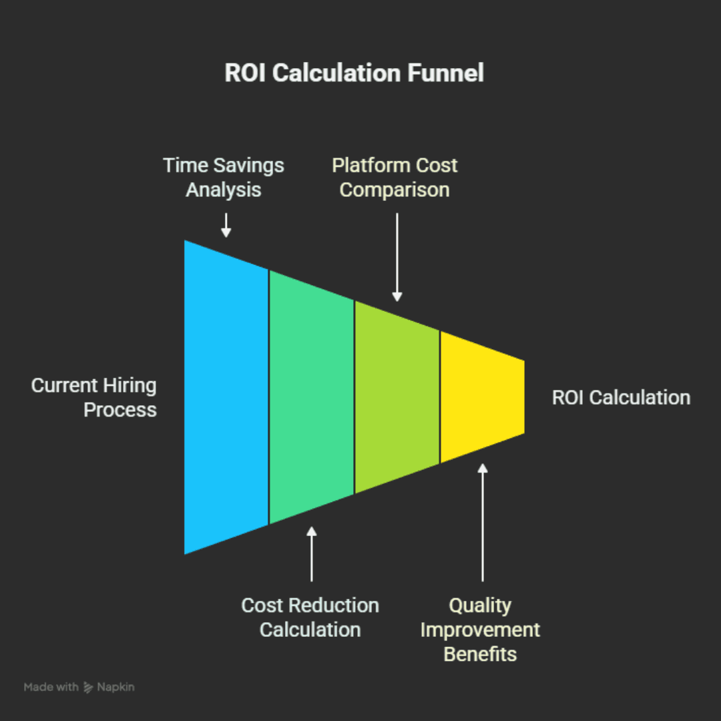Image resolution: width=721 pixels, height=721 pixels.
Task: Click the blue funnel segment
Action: coord(226,397)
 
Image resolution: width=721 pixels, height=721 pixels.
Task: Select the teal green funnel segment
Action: coord(311,397)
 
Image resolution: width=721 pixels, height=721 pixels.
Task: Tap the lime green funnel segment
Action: coord(397,397)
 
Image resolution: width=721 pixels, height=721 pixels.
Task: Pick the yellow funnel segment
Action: coord(481,397)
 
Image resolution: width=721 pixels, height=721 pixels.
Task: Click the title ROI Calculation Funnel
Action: coord(354,73)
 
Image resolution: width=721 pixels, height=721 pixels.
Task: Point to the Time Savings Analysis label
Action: coord(224,178)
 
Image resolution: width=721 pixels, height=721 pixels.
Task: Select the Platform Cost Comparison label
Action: coord(395,178)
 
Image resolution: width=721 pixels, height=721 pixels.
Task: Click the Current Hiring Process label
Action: coord(94,397)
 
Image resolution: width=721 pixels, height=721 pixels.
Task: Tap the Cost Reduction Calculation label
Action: coord(310,618)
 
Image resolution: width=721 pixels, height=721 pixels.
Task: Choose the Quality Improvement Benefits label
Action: coord(480,630)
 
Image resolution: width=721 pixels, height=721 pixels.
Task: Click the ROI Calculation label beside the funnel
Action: coord(621,398)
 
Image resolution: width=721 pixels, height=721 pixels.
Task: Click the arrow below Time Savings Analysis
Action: coord(226,225)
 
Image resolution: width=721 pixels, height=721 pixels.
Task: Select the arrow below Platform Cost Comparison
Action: coord(397,257)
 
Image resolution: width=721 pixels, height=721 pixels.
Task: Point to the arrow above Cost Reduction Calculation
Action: coord(311,553)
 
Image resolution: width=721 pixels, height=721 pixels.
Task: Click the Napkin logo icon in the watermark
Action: coord(88,687)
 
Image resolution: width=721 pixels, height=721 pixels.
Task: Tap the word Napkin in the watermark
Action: coord(115,687)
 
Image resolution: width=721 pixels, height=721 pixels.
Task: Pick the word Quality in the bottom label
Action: coord(480,606)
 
